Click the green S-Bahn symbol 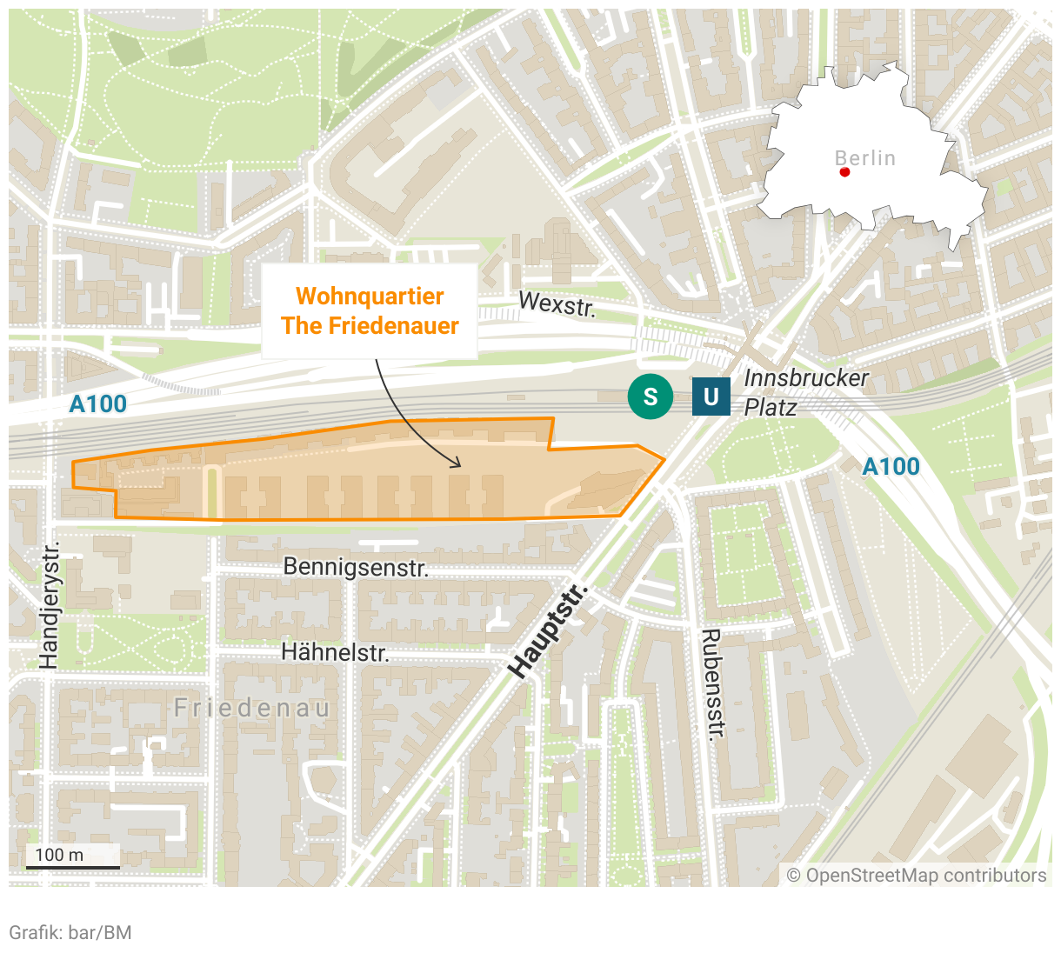tap(650, 397)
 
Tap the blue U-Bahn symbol tap(711, 397)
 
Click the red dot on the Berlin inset tap(844, 172)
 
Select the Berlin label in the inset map tap(864, 158)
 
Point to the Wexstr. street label tap(557, 304)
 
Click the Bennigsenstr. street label tap(356, 568)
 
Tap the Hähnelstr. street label tap(335, 652)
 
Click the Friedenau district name tap(252, 709)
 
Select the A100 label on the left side tap(98, 404)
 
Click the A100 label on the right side tap(891, 467)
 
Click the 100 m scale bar tap(73, 866)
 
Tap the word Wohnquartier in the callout tap(370, 297)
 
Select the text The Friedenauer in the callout tap(370, 326)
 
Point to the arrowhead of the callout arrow tap(457, 464)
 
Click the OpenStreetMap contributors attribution tap(917, 876)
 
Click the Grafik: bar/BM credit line tap(70, 933)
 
